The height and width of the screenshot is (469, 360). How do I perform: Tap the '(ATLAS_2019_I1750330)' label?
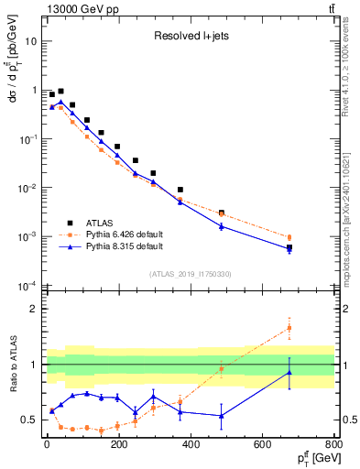click(x=190, y=273)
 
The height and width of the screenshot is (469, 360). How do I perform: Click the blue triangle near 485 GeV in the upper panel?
click(x=222, y=225)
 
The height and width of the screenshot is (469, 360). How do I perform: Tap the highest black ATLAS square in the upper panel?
click(x=60, y=92)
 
